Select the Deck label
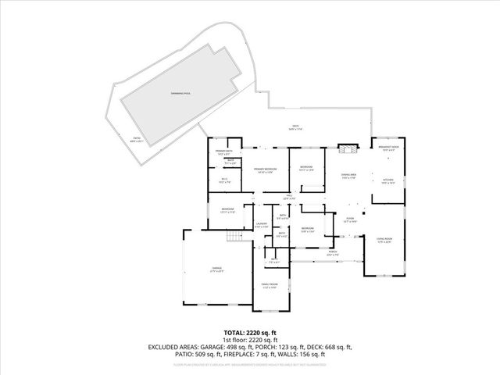[295, 127]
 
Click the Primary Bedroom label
[263, 170]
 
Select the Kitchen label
[388, 181]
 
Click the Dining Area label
[348, 177]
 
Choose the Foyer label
[350, 220]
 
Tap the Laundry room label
[262, 226]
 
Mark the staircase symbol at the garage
[232, 237]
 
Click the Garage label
[216, 270]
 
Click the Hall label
[288, 196]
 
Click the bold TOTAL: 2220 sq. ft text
[249, 332]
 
